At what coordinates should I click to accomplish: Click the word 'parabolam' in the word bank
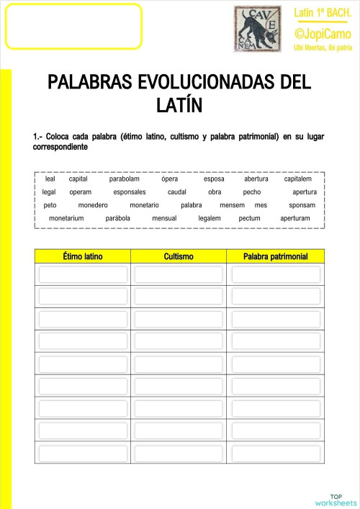(x=125, y=179)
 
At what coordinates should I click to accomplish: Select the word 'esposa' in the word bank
(x=214, y=179)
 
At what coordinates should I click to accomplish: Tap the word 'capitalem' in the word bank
(x=298, y=179)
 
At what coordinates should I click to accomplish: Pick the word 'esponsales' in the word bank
(x=130, y=192)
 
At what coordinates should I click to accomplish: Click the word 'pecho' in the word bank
(x=252, y=192)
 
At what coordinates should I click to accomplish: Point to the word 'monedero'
(x=93, y=205)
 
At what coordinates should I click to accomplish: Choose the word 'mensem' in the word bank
(x=233, y=205)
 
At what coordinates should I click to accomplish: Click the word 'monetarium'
(x=66, y=218)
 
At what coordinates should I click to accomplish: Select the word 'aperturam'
(x=295, y=218)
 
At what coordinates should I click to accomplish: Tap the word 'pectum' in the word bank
(x=249, y=218)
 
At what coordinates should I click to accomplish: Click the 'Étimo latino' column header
(x=83, y=256)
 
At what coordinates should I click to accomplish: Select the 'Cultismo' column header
(x=179, y=256)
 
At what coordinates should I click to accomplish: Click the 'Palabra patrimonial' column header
(x=276, y=256)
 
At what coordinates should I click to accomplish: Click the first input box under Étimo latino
(x=83, y=274)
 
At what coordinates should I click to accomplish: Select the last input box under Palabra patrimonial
(x=276, y=452)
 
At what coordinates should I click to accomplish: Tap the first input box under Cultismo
(x=179, y=274)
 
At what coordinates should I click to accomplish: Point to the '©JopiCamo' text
(x=322, y=34)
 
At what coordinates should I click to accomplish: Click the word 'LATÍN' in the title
(x=179, y=106)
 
